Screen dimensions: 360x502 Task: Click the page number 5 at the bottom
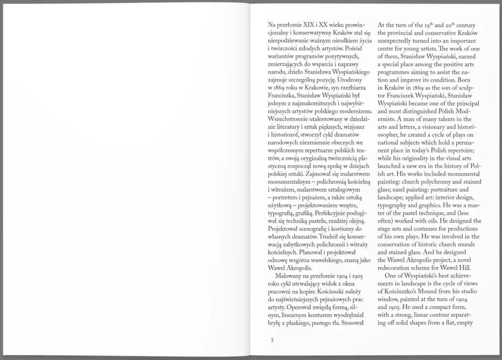pos(272,339)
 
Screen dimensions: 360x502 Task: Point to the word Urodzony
pos(353,79)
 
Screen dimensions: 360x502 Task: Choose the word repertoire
pos(464,151)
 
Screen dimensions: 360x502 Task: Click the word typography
pos(395,206)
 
